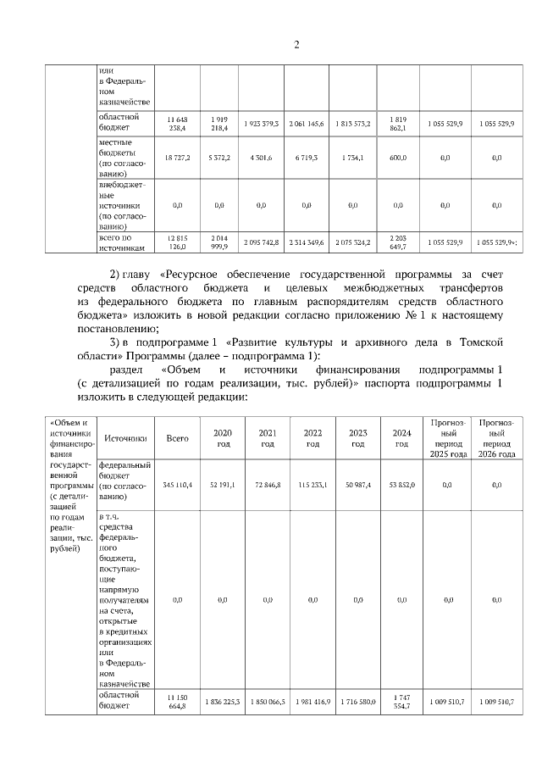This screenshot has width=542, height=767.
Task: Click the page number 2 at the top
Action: coord(296,45)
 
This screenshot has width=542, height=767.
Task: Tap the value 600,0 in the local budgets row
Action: coord(397,158)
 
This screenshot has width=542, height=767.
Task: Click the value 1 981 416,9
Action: coord(312,702)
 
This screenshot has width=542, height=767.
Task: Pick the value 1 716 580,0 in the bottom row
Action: coord(357,702)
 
